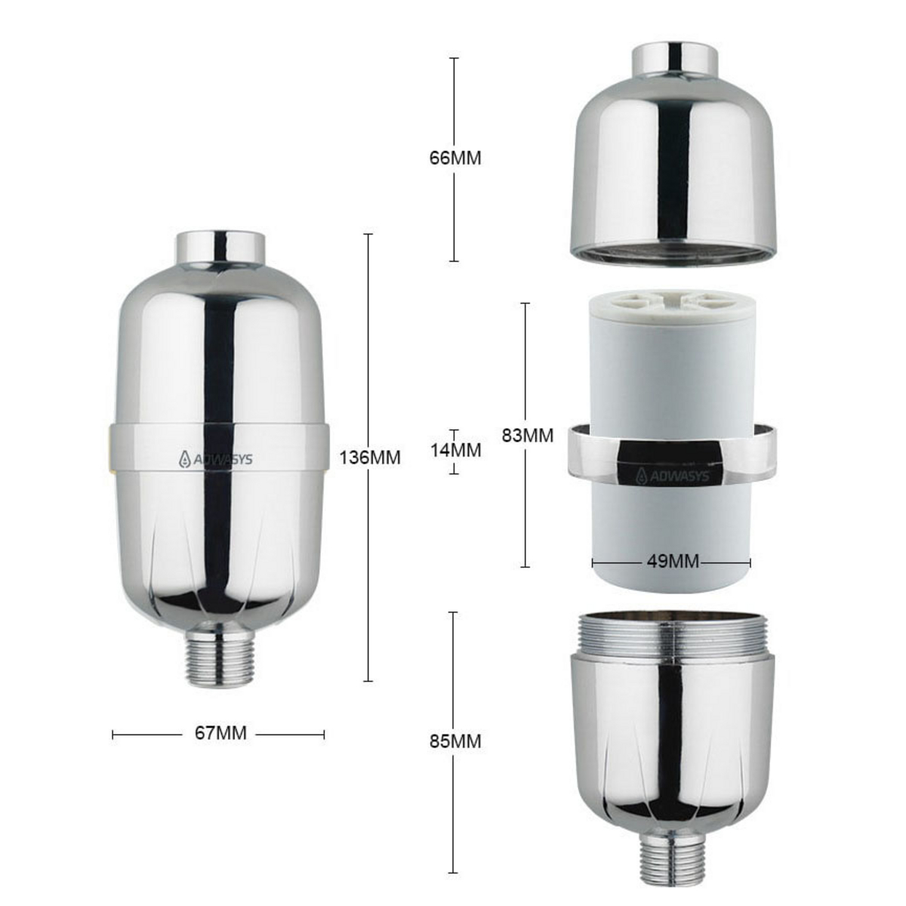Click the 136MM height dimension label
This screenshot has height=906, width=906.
(x=370, y=458)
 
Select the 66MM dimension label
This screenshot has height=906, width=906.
(x=455, y=159)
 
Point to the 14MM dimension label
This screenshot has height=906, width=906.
(x=455, y=450)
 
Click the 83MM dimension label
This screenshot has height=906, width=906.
(x=527, y=436)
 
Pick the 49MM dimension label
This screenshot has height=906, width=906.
(x=672, y=561)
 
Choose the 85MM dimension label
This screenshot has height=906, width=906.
(x=455, y=741)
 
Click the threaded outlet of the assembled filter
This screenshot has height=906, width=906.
(x=217, y=657)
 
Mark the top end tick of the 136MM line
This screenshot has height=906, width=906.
(x=368, y=235)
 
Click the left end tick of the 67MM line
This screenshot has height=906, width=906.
(x=113, y=733)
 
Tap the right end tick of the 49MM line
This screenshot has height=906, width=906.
(x=750, y=561)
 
